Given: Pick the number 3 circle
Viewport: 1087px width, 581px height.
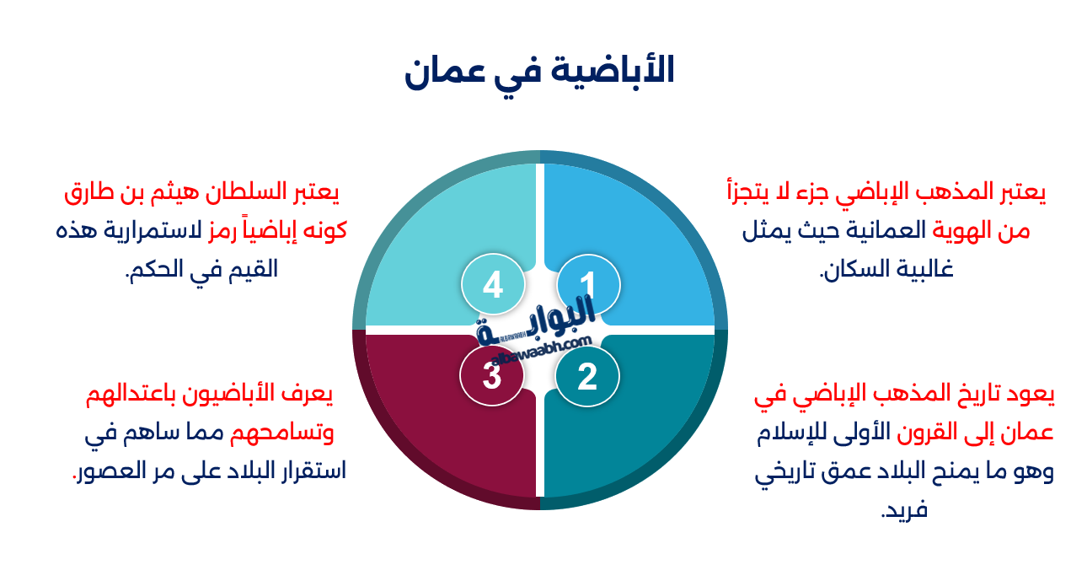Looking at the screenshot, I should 492,375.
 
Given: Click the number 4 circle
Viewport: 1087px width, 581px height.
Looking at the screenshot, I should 492,285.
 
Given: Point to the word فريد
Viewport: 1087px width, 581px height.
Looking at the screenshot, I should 903,511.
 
